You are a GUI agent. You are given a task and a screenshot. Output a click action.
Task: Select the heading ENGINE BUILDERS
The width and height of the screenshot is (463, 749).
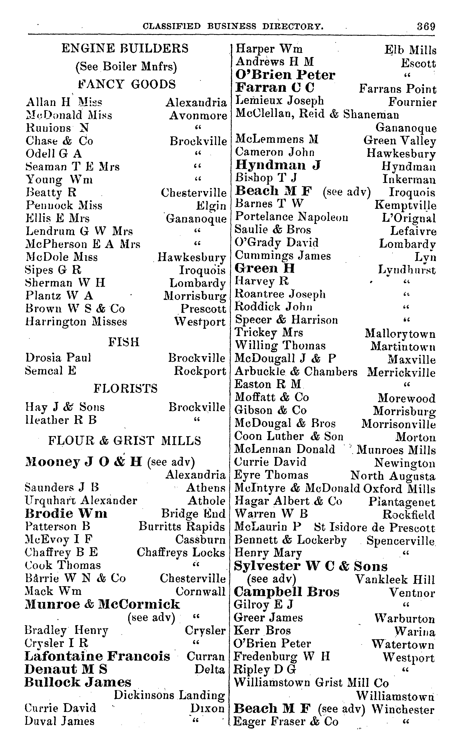(125, 48)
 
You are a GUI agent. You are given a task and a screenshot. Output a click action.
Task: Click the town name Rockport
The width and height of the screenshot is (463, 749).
(200, 371)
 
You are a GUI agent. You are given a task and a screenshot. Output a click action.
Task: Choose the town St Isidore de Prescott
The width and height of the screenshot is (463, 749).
(374, 527)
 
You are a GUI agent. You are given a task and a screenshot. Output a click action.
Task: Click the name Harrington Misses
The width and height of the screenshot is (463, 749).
(76, 321)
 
